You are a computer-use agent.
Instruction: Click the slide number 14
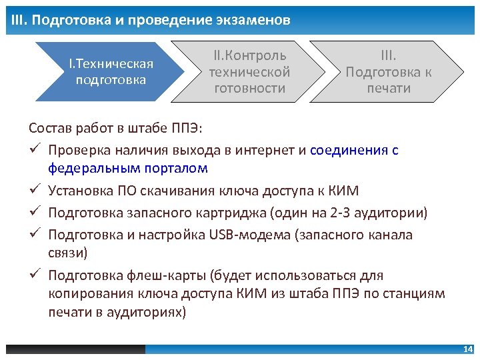[x=467, y=349]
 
